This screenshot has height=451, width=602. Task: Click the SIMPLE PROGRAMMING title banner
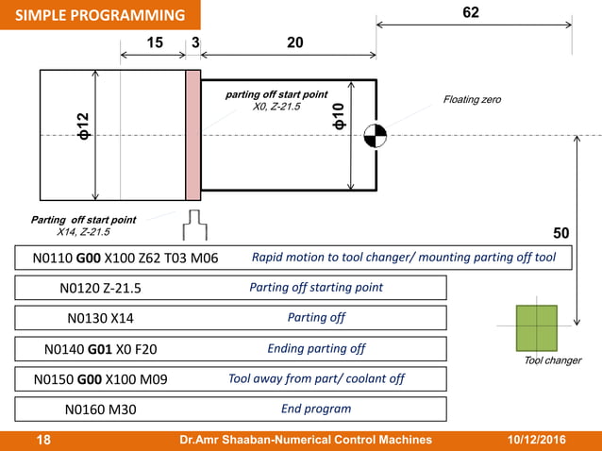point(99,15)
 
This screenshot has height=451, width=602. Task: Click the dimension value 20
point(294,42)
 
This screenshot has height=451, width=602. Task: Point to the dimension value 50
point(560,233)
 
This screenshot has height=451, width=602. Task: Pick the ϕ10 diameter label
point(338,116)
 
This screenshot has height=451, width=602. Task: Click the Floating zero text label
point(472,100)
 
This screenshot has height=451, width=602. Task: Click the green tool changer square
point(537,327)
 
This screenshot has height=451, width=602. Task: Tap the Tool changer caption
point(553,360)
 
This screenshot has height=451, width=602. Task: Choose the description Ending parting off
point(315,348)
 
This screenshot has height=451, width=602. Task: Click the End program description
point(315,409)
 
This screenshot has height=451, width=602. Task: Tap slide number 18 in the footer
point(43,440)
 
